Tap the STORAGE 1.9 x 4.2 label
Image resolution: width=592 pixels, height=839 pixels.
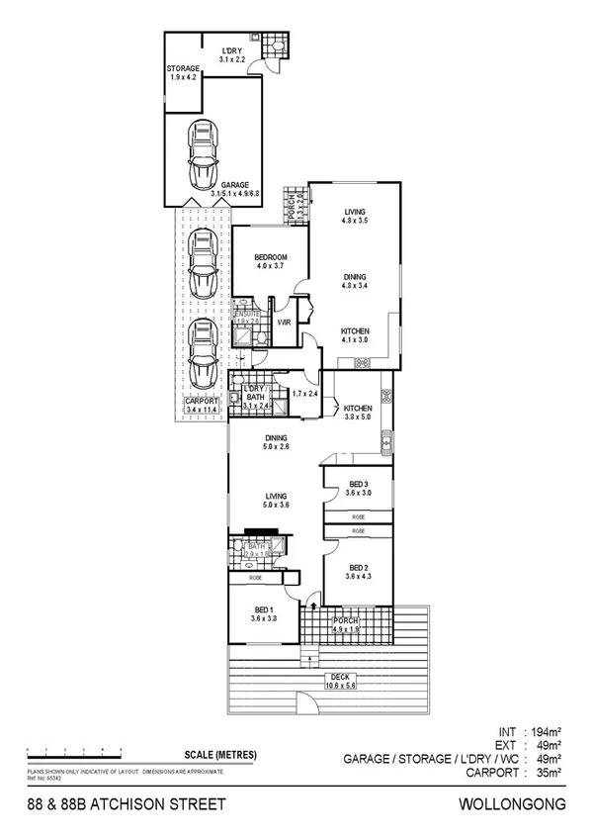tap(184, 72)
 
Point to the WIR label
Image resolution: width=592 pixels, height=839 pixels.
tap(284, 323)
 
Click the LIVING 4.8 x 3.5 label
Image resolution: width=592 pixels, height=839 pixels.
tap(356, 217)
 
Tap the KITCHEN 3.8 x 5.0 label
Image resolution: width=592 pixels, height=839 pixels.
tap(357, 413)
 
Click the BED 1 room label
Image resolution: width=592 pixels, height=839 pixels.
tap(263, 613)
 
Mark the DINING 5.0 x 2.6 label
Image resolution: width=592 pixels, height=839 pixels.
tap(276, 442)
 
